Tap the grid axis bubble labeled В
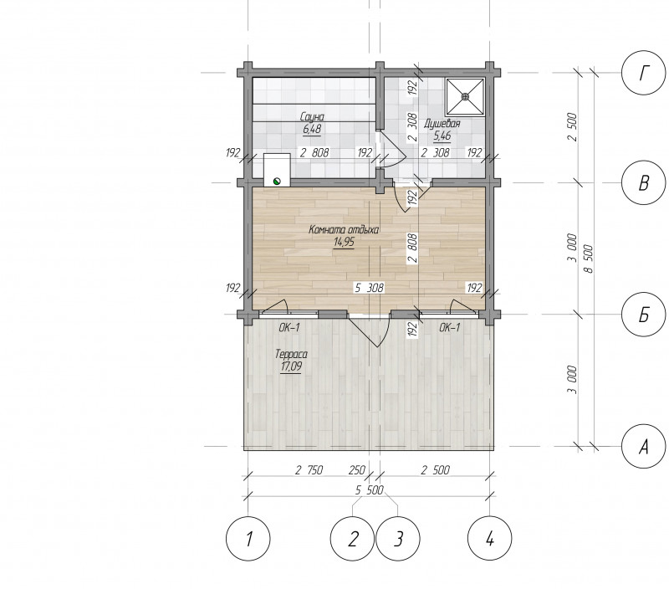click(644, 182)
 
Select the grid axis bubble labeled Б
click(644, 315)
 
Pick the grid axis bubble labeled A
click(644, 447)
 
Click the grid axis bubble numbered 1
click(248, 539)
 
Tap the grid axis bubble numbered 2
click(352, 539)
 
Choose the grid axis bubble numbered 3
click(398, 539)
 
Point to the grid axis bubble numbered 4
click(490, 539)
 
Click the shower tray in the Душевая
click(465, 97)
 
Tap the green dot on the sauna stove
click(277, 181)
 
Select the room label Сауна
click(312, 117)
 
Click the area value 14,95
click(344, 243)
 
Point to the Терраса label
click(291, 354)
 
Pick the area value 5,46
click(442, 136)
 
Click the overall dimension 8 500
click(589, 259)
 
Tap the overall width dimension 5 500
click(370, 490)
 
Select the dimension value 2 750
click(309, 470)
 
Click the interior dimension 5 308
click(370, 288)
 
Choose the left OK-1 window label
click(289, 328)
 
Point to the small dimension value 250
click(357, 470)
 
